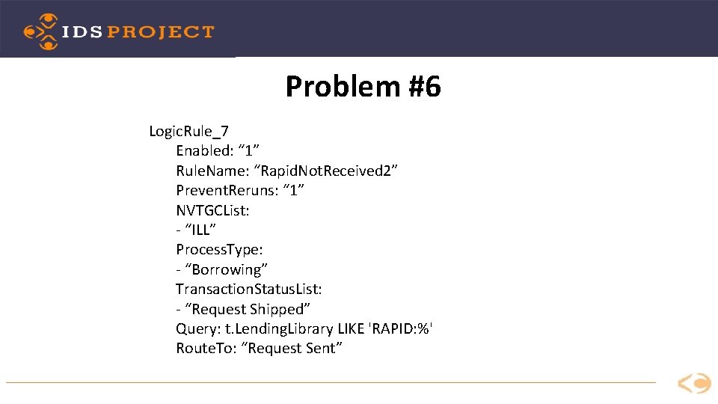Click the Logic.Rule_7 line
tap(188, 132)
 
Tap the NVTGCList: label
tap(212, 210)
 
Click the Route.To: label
tap(206, 348)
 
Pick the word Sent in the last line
tap(323, 348)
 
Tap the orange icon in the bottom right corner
tap(694, 384)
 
